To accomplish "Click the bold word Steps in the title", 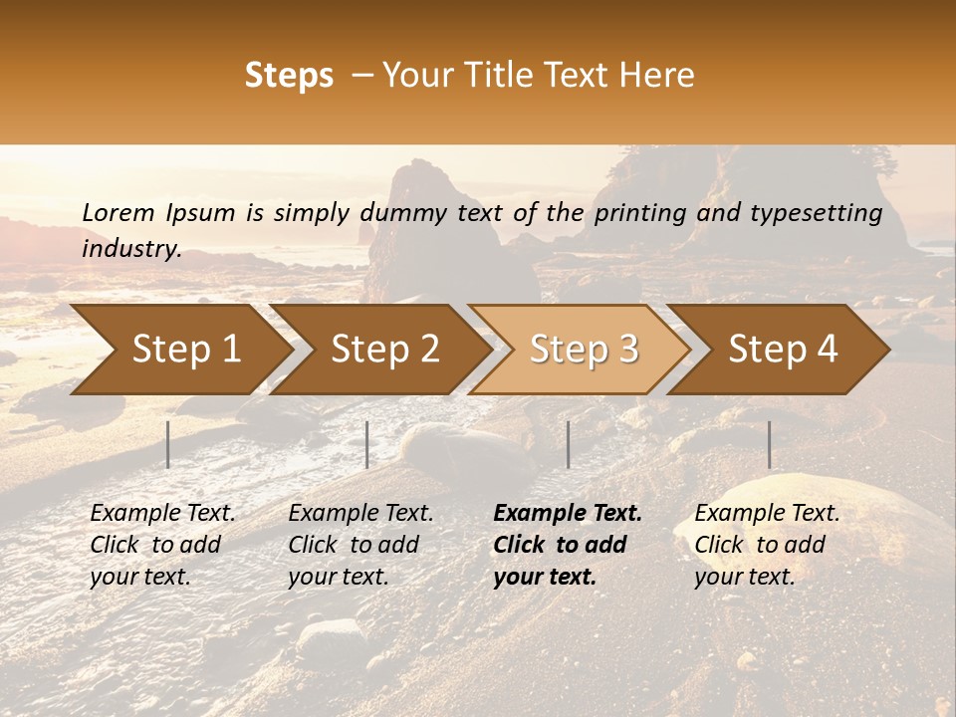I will tap(289, 76).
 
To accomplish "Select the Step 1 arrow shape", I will tap(179, 350).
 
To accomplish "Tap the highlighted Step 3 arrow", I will tap(583, 350).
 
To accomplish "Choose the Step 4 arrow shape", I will tap(782, 350).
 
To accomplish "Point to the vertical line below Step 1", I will tap(168, 444).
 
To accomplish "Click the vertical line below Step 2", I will tap(367, 444).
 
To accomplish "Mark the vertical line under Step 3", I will tap(568, 444).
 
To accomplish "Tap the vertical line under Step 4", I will tap(769, 444).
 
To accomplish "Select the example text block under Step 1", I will tap(162, 545).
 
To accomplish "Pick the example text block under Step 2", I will tap(360, 545).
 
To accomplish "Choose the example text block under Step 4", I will tap(767, 545).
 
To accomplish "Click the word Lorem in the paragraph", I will tap(118, 212).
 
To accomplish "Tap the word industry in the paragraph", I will tap(130, 248).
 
